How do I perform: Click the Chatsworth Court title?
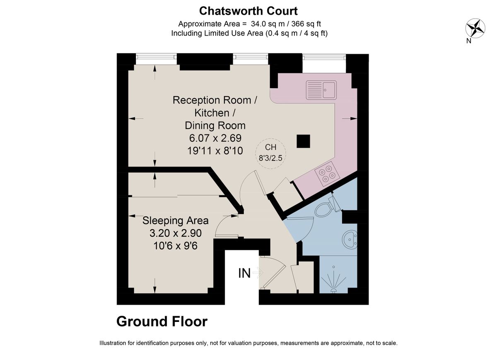pos(248,11)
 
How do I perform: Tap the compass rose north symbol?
pos(475,29)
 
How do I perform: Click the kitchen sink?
pos(321,90)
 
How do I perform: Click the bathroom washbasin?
pos(350,240)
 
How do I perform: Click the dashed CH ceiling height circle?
pos(270,154)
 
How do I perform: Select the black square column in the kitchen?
pos(303,141)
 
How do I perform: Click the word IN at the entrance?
pos(244,274)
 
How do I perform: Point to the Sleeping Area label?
pos(175,221)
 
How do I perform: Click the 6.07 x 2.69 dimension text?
pos(215,138)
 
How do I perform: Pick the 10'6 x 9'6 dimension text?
pos(175,246)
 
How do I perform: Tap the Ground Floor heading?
pos(162,322)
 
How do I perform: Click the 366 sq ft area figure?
pos(306,24)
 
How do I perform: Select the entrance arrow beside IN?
pos(258,273)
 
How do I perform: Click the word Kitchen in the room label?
pos(212,113)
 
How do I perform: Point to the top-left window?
pos(156,57)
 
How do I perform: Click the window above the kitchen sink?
pos(324,57)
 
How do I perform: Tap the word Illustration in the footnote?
pos(113,343)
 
